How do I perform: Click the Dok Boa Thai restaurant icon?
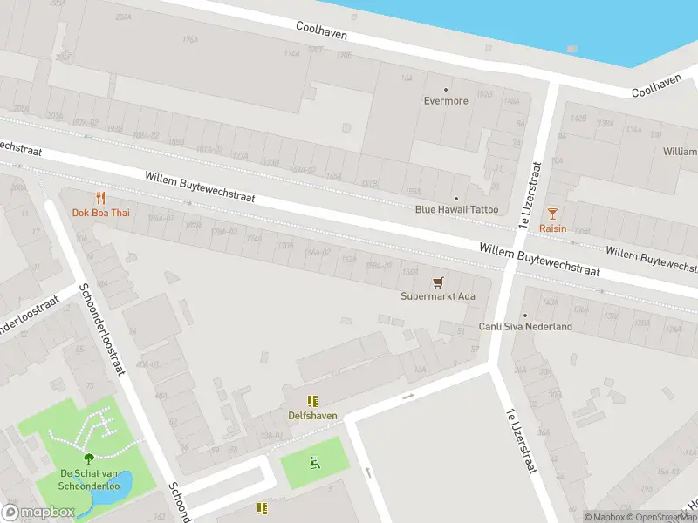[x=101, y=198]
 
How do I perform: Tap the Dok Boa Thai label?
[x=101, y=213]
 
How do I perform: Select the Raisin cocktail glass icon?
[x=552, y=213]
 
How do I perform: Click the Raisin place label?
[x=552, y=228]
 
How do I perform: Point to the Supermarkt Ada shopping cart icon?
[x=438, y=282]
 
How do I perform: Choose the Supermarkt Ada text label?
[x=438, y=296]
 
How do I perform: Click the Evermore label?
[x=446, y=101]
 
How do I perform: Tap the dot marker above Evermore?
[x=446, y=89]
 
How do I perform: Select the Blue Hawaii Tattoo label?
[x=456, y=209]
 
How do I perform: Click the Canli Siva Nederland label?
[x=525, y=327]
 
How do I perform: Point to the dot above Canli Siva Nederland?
[x=525, y=315]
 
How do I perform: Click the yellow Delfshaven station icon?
[x=312, y=401]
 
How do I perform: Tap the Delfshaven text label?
[x=312, y=416]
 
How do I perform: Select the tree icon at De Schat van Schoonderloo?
[x=87, y=458]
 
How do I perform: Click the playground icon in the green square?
[x=314, y=461]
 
